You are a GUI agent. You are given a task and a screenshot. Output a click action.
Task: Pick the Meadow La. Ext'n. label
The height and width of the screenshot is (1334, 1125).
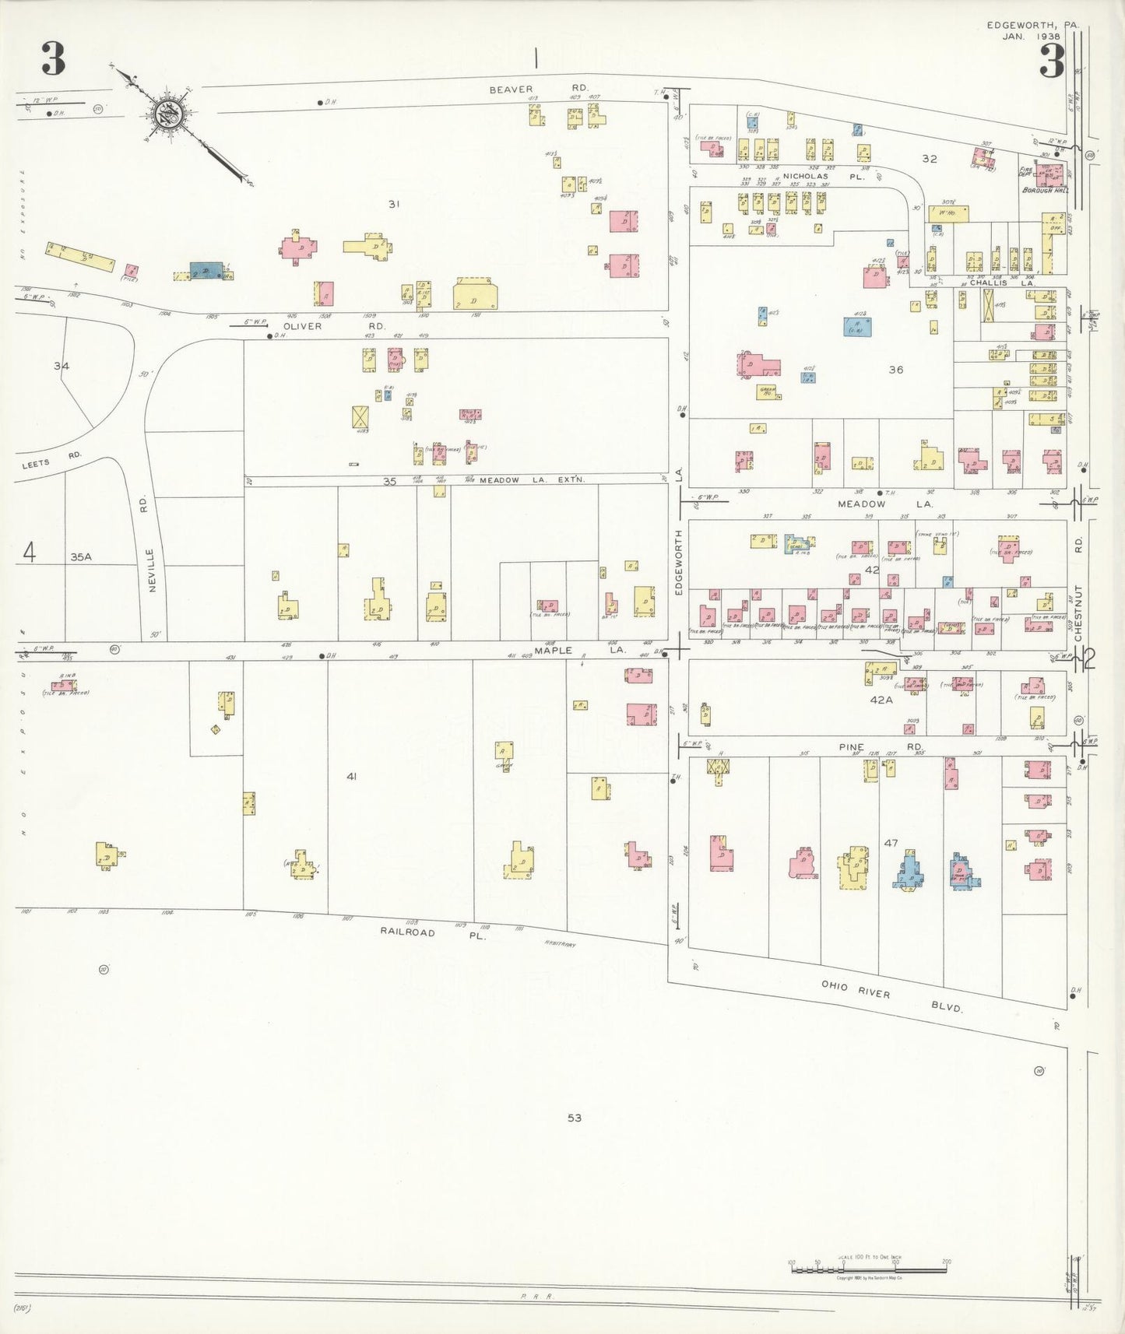(532, 480)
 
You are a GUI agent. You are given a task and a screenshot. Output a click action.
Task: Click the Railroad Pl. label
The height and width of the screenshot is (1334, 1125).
(432, 932)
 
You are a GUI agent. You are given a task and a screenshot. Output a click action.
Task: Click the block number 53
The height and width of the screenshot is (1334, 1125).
(574, 1118)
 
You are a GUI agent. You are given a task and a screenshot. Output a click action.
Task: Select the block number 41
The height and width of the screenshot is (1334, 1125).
(351, 776)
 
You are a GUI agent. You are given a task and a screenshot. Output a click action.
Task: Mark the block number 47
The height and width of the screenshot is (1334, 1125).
(891, 843)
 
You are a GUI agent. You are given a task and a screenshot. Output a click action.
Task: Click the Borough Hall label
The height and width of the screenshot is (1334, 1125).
(1045, 190)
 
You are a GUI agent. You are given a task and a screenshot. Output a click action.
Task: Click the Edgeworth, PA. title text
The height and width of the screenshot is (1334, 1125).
(1032, 25)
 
